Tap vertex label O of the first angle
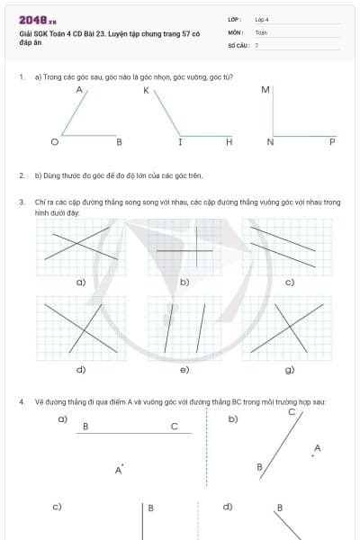click(x=53, y=142)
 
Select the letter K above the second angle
click(x=145, y=91)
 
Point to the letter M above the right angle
click(x=265, y=90)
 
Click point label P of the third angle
click(x=332, y=142)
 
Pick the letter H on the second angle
click(x=229, y=142)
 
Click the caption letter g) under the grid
click(x=289, y=369)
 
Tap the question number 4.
click(x=21, y=400)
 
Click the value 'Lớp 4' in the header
click(x=262, y=18)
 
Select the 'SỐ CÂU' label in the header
click(x=238, y=44)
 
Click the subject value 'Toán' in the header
click(x=261, y=31)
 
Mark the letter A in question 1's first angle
click(x=79, y=91)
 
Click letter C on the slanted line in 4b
click(x=292, y=411)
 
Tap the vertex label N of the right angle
click(x=270, y=142)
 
